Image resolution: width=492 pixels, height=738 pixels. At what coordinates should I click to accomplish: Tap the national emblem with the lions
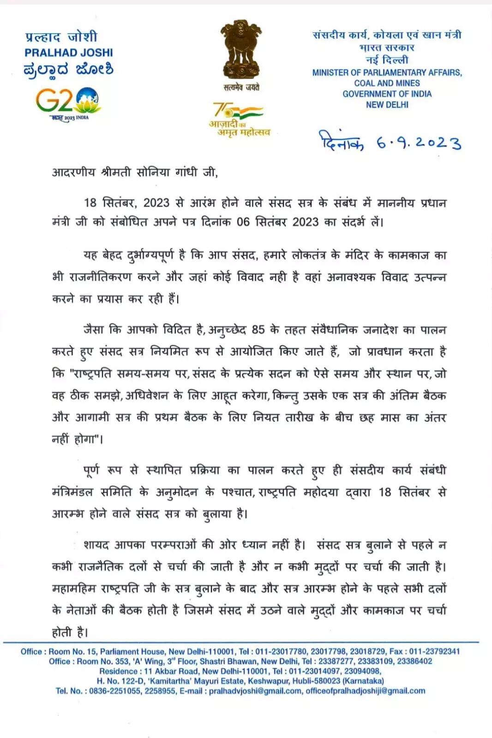click(x=240, y=49)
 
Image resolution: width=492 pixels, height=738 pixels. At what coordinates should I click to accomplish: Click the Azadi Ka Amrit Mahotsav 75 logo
click(x=239, y=119)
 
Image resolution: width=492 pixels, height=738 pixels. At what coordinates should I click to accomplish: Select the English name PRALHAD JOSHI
click(x=69, y=53)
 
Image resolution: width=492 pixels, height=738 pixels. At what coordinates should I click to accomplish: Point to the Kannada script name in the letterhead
click(x=69, y=70)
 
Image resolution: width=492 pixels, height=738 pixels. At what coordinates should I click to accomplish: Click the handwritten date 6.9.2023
click(x=419, y=143)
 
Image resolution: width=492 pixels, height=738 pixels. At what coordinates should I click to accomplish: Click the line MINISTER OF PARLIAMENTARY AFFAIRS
click(x=387, y=73)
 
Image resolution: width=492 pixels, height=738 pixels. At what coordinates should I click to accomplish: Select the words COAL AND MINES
click(x=387, y=83)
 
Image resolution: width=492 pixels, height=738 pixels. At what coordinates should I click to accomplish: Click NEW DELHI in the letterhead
click(x=387, y=105)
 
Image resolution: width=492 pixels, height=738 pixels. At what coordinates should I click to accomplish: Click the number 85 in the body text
click(x=258, y=330)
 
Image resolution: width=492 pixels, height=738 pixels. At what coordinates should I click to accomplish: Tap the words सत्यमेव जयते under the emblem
click(x=241, y=88)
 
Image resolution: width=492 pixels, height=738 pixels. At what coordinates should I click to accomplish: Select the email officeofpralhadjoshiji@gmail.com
click(x=365, y=691)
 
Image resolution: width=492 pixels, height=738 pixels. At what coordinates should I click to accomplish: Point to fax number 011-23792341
click(x=434, y=651)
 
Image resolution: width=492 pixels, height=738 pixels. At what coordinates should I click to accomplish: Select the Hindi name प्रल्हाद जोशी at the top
click(x=61, y=37)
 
